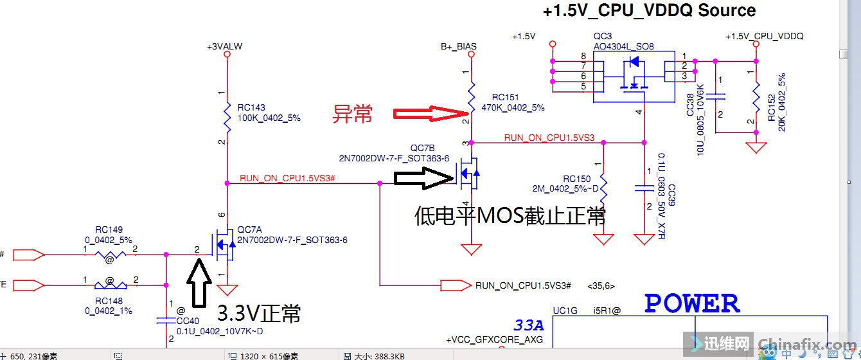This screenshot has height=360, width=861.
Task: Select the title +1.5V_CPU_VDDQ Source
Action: [649, 11]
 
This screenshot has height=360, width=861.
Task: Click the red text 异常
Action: [352, 114]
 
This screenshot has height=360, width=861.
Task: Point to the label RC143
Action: [251, 108]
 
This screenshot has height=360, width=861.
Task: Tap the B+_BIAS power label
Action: [458, 47]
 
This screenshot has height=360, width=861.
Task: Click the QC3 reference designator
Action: [603, 37]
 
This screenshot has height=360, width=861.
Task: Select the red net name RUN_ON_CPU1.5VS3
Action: [549, 138]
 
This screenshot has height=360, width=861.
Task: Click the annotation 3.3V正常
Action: [259, 314]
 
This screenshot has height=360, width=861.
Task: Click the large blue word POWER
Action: [692, 303]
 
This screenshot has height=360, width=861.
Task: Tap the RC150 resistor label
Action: [576, 179]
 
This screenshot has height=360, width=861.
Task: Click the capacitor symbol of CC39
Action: [644, 188]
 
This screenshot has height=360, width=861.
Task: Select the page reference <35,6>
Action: [598, 285]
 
